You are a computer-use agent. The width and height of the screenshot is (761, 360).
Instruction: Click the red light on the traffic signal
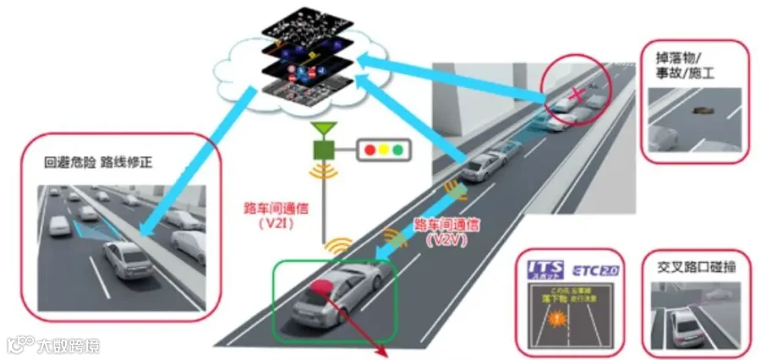coord(369,150)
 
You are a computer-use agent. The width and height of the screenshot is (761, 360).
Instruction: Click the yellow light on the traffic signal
coord(383,150)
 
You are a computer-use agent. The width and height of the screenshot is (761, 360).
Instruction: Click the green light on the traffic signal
coord(397,150)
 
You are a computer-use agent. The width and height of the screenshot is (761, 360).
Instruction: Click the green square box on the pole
coord(322,150)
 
